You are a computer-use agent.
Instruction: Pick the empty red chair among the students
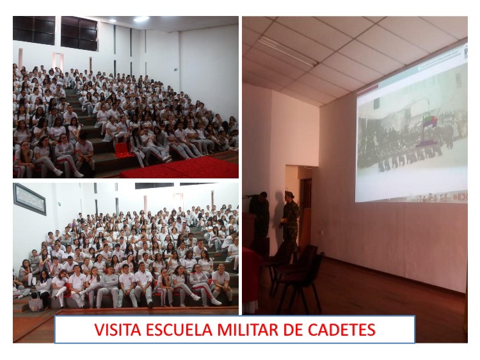pyautogui.click(x=122, y=150)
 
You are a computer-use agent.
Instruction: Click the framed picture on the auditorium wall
pyautogui.click(x=29, y=199)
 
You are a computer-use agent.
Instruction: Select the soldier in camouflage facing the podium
pyautogui.click(x=289, y=220)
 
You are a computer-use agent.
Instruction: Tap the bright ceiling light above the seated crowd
pyautogui.click(x=141, y=19)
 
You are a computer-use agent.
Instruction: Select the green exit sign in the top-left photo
pyautogui.click(x=176, y=70)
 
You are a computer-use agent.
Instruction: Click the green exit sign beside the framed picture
pyautogui.click(x=59, y=203)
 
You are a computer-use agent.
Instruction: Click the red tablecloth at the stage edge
pyautogui.click(x=252, y=278)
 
